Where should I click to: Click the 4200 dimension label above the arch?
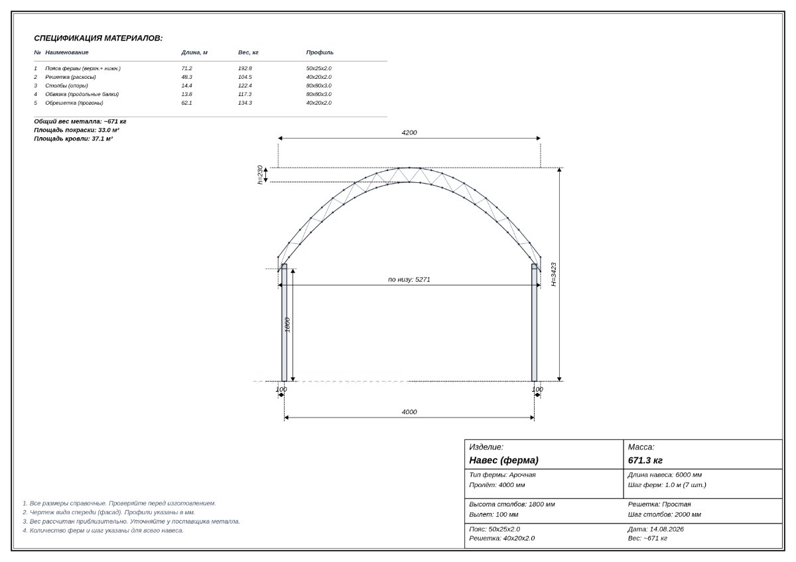pos(409,133)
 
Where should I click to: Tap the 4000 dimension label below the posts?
pos(409,412)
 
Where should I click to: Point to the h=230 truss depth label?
pos(260,175)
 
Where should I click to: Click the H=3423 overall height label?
pos(554,274)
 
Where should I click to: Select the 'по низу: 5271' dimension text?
pos(409,280)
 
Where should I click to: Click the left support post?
pos(285,323)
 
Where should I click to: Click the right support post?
pos(534,323)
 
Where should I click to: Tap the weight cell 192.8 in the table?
pos(245,68)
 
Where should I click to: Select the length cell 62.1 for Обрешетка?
pos(186,103)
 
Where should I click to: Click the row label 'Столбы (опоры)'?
pos(66,85)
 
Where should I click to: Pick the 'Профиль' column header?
pos(320,52)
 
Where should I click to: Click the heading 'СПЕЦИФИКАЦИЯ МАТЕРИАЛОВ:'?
pos(98,38)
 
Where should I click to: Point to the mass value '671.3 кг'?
pos(645,461)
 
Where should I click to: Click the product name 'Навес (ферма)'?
pos(503,461)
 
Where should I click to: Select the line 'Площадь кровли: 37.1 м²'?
pos(73,139)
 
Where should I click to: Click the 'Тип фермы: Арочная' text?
pos(502,475)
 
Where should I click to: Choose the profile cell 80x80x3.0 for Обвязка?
pos(319,94)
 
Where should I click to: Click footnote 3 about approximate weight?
pos(131,522)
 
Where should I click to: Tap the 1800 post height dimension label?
pos(287,325)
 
